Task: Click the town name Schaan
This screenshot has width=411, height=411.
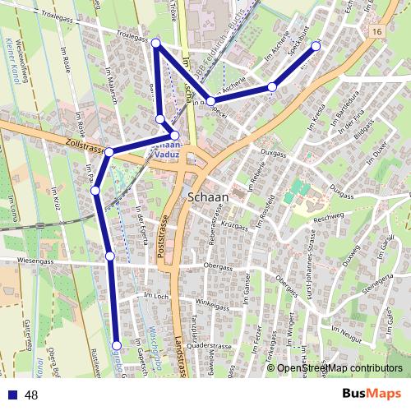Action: click(209, 197)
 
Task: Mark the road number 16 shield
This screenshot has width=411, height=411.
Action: click(376, 31)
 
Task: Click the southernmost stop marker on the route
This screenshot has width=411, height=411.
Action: click(117, 346)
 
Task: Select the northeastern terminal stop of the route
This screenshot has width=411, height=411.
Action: click(315, 46)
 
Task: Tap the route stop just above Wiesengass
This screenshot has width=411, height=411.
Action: click(110, 256)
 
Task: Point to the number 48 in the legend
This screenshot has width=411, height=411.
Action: click(32, 395)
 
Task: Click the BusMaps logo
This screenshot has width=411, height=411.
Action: click(372, 394)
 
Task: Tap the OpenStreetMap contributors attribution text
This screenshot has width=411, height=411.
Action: click(339, 368)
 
